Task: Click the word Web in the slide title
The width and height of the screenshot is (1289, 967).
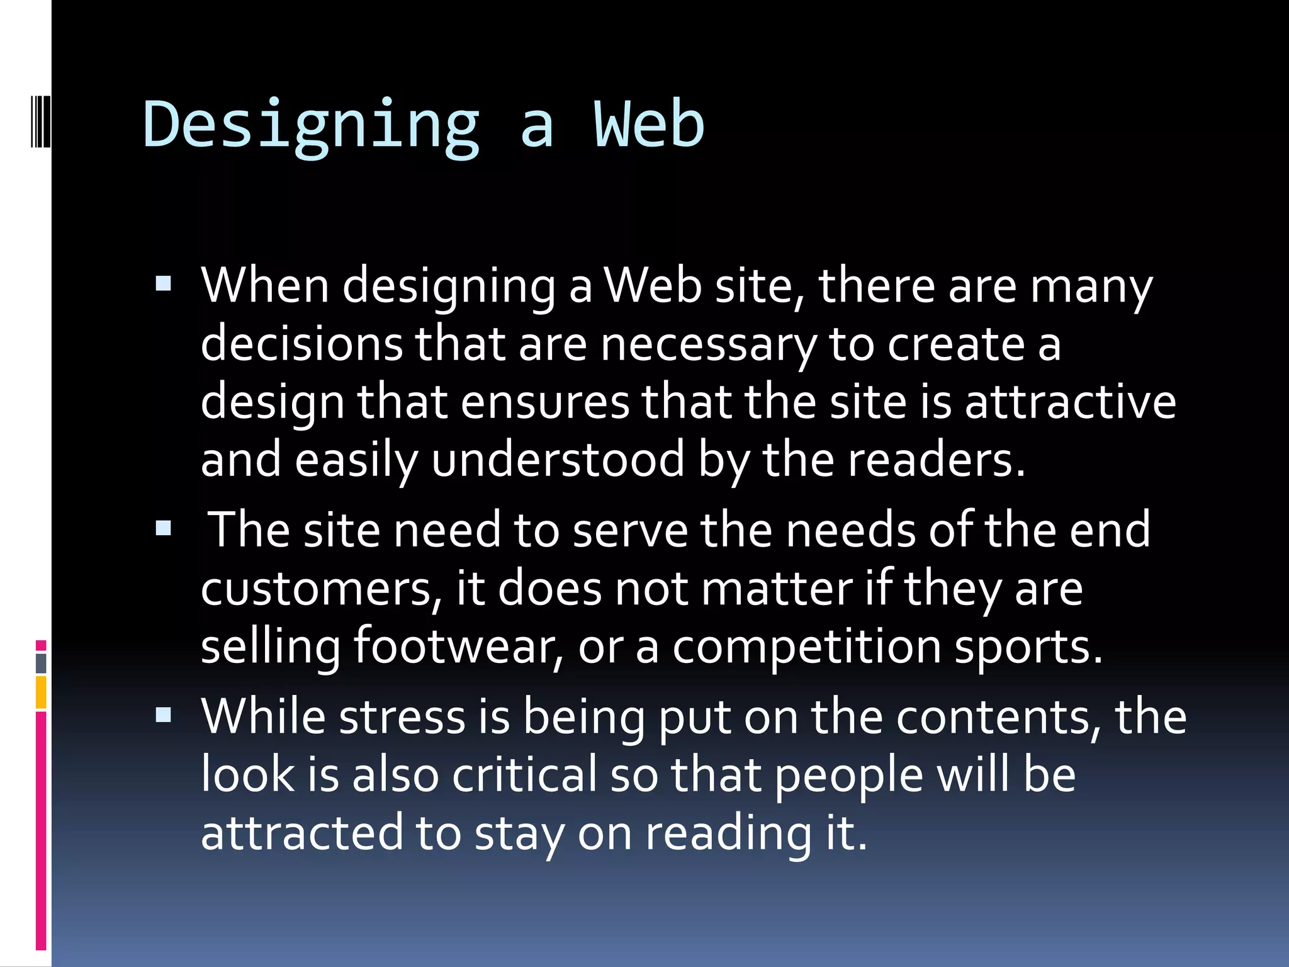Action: (649, 125)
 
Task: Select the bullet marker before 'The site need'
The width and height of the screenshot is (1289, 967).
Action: (163, 528)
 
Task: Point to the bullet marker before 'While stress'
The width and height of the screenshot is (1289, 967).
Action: (163, 715)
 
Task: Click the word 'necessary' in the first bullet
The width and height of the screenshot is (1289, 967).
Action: (708, 345)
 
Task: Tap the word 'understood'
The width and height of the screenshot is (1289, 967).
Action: (558, 460)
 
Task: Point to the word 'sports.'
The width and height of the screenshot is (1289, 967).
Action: (1028, 646)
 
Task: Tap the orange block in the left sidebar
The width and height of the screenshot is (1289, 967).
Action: (41, 692)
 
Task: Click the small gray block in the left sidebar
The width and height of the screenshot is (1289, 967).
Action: (41, 663)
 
